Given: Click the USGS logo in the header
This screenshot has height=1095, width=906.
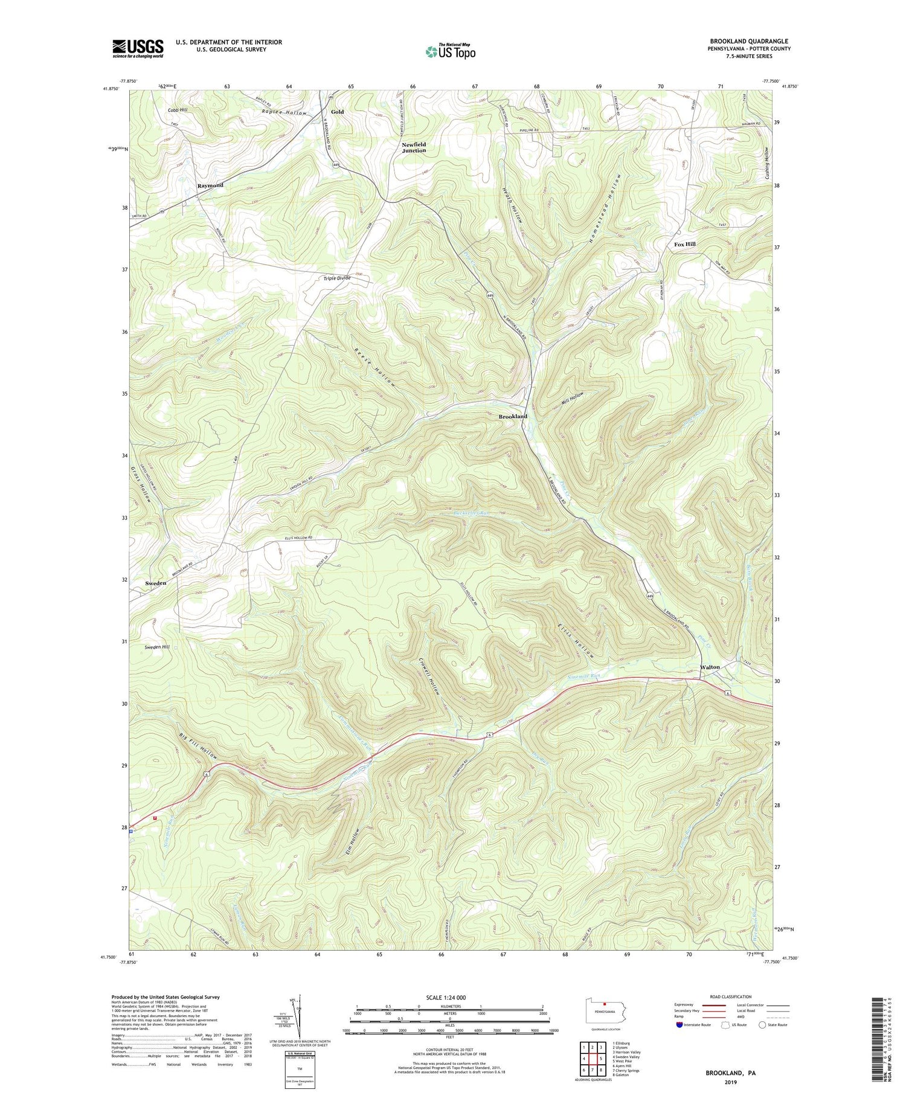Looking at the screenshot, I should [x=138, y=48].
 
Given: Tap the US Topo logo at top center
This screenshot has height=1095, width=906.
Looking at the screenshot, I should [x=450, y=51].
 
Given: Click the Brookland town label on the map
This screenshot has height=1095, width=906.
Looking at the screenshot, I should [x=513, y=417].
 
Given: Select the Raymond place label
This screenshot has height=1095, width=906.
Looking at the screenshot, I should [x=210, y=185].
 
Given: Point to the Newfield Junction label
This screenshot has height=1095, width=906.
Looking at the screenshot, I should [x=414, y=147].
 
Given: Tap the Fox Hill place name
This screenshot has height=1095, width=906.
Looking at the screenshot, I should [x=684, y=244].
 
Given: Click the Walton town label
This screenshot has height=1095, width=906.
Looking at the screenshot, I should [x=710, y=667].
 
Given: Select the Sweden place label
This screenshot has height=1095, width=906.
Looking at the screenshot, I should [x=156, y=583].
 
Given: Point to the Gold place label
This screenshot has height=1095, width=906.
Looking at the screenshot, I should [x=337, y=112].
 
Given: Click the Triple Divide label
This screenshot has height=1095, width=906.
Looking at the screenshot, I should [x=337, y=278].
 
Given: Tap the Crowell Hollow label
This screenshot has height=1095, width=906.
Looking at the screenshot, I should [x=428, y=675].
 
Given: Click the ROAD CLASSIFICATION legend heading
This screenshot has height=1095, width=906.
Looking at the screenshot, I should [x=730, y=997].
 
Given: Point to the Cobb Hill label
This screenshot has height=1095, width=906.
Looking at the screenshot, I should [x=178, y=110].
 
